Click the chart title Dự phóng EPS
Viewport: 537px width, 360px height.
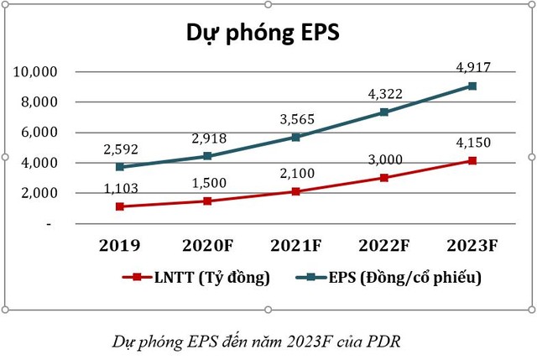(x=262, y=34)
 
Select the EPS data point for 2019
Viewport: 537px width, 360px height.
(x=121, y=167)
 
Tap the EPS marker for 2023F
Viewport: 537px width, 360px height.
(x=473, y=86)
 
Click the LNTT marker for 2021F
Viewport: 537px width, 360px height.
(x=297, y=191)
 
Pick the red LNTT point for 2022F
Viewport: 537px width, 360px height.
(x=385, y=178)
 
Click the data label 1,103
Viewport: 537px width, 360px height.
(x=121, y=189)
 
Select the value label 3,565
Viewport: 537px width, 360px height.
(x=297, y=117)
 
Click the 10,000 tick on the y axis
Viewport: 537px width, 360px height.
(x=35, y=72)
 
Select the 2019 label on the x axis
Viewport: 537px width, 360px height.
(x=120, y=246)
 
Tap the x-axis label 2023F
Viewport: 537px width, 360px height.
(x=473, y=246)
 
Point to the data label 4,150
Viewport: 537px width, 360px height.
(x=473, y=143)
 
